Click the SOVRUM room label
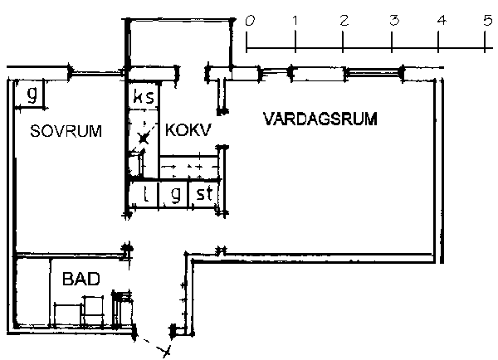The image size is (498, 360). (66, 131)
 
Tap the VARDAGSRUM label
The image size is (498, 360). (320, 119)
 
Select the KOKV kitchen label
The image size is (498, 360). (188, 130)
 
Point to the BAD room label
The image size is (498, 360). (81, 279)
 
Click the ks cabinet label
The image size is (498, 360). (144, 96)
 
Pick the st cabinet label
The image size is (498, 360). (204, 193)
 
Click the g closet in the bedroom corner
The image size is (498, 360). (32, 95)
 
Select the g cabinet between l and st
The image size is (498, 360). (175, 194)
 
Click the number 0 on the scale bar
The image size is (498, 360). (250, 21)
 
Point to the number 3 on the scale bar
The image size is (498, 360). (394, 21)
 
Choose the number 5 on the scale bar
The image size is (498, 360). (488, 21)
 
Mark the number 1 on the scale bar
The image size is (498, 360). (295, 21)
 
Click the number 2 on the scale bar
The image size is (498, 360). (344, 21)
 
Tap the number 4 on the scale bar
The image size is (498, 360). (442, 21)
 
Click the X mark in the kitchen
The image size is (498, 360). (144, 139)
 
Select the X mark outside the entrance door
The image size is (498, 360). (165, 351)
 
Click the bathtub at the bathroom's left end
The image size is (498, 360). (32, 291)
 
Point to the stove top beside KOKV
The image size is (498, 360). (189, 167)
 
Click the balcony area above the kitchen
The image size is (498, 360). (180, 44)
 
